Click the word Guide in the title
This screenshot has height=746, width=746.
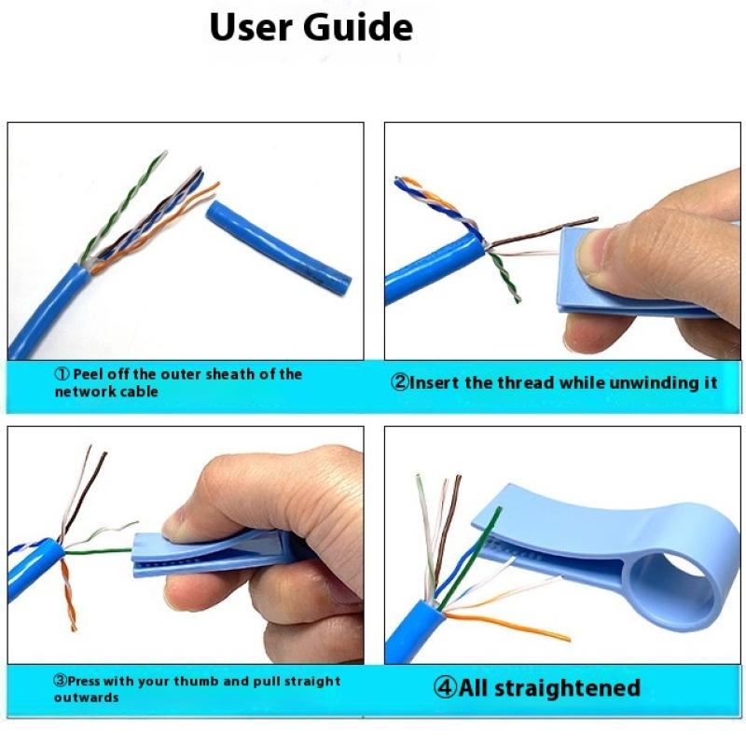(x=359, y=28)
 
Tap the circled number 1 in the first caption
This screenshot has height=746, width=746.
(x=62, y=374)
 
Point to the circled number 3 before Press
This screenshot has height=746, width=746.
(x=60, y=682)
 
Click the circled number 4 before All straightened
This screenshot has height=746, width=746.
(x=445, y=689)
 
